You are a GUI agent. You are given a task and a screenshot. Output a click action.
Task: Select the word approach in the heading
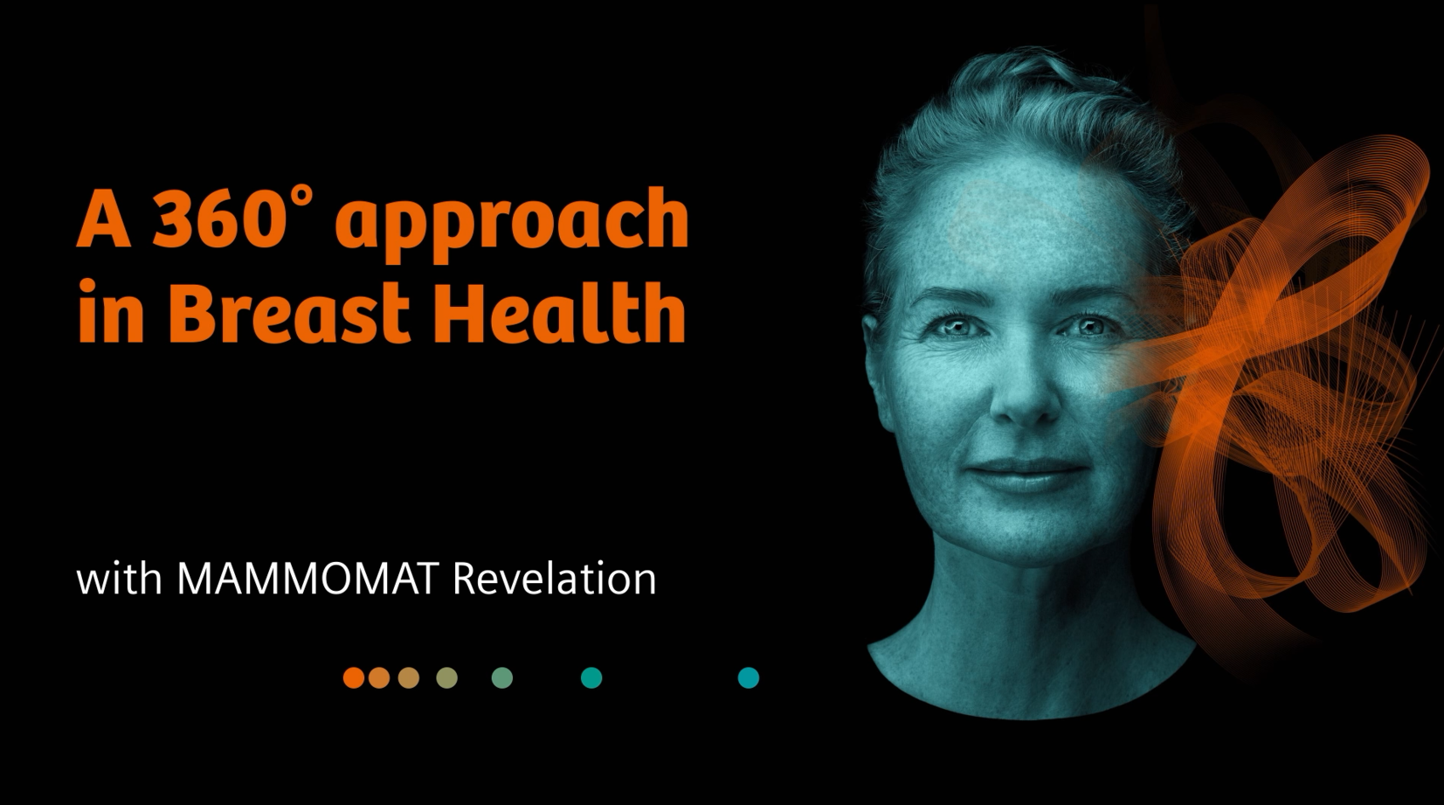(512, 223)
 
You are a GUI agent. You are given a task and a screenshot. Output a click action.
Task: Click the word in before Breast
(110, 312)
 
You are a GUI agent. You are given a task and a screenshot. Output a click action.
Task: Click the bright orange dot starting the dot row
(354, 677)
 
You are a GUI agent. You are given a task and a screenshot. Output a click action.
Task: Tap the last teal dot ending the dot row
(749, 677)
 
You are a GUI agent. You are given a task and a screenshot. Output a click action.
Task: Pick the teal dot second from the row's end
(591, 677)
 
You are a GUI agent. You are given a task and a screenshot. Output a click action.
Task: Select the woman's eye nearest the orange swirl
(1089, 328)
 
